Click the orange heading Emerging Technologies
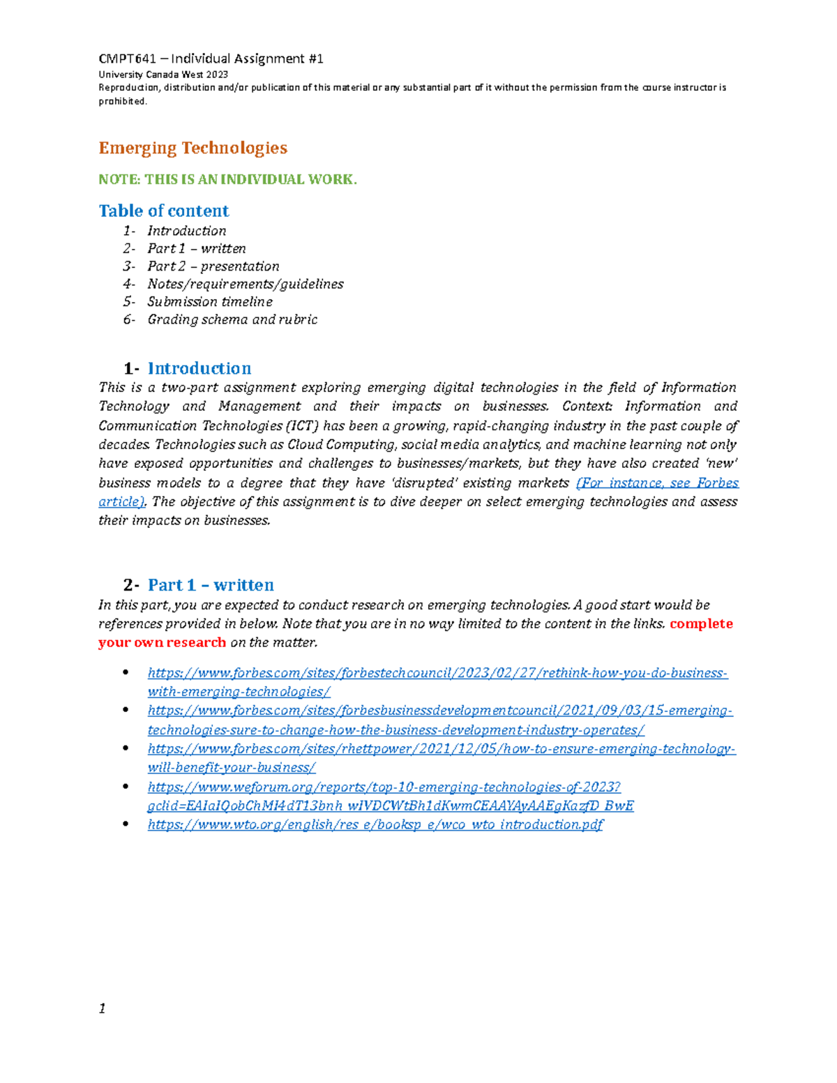coord(193,148)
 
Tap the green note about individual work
coord(227,179)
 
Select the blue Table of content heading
coord(164,211)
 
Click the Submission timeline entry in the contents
coord(209,302)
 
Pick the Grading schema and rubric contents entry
coord(232,319)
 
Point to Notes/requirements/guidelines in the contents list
coord(245,284)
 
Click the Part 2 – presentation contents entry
coord(213,266)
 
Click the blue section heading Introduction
coord(199,368)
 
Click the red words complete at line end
coord(701,623)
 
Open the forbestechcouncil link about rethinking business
coord(437,674)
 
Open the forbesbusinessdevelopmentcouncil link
coord(439,711)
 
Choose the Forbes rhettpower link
coord(441,749)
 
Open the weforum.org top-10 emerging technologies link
coord(384,787)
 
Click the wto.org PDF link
coord(375,825)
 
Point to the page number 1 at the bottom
coord(102,1008)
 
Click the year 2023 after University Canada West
coord(217,75)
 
